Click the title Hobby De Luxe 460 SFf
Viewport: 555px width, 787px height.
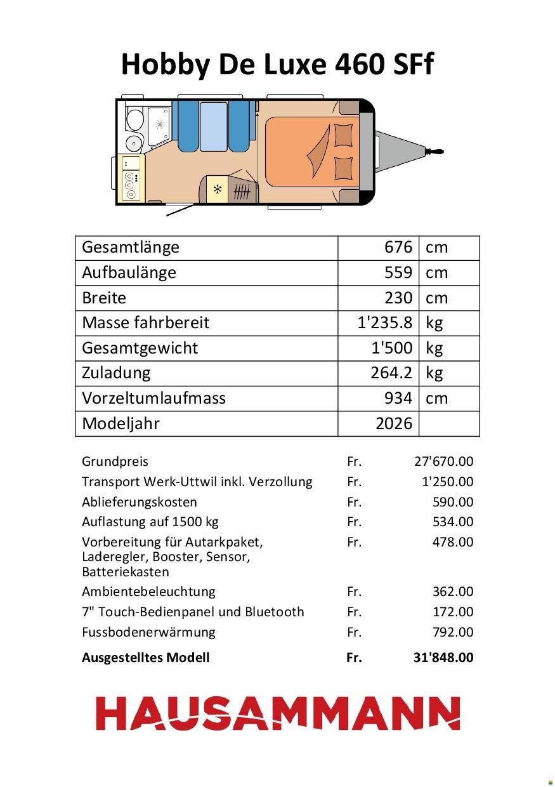[277, 65]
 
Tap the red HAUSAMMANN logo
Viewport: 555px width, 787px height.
[277, 713]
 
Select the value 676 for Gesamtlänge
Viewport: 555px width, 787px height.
[398, 247]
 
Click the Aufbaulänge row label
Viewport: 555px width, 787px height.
[129, 272]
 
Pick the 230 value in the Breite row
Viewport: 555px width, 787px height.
[398, 298]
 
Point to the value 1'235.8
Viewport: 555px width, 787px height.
[385, 322]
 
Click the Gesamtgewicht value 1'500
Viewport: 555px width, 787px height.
[391, 348]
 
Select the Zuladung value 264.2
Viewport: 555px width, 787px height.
[391, 373]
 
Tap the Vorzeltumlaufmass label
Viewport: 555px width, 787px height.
[153, 398]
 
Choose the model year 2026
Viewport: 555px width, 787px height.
[393, 423]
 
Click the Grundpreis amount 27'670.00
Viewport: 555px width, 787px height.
[443, 461]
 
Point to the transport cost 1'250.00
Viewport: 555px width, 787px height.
[447, 482]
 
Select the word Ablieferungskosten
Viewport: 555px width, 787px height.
[139, 502]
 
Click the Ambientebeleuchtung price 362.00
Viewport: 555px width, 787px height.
[452, 592]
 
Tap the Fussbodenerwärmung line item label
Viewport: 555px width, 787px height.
[148, 632]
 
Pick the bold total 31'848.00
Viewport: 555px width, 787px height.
[443, 658]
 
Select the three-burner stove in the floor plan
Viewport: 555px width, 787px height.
[131, 185]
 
